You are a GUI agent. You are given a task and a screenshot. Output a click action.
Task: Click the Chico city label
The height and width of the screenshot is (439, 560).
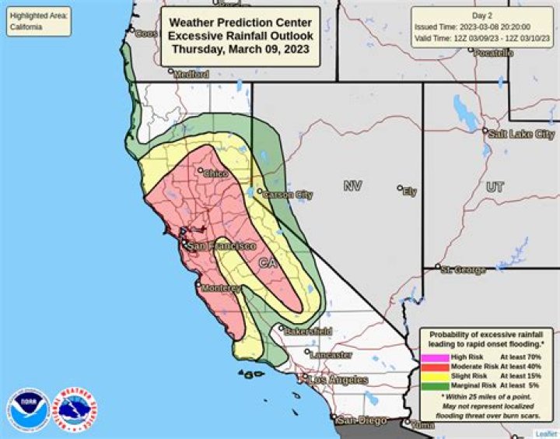coord(215,174)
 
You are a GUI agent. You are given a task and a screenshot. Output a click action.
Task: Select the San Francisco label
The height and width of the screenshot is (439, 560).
coord(222,246)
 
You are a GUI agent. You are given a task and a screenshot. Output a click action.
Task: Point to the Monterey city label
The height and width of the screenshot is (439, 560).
coord(221,288)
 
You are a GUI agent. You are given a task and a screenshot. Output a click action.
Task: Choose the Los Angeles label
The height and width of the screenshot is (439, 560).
coord(338,380)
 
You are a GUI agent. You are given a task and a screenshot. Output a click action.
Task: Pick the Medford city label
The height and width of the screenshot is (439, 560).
coord(191,75)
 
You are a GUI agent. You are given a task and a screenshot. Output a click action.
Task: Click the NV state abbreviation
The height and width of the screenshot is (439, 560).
coord(353,186)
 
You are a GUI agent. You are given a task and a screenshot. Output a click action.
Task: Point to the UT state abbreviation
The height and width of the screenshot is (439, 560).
coord(495,188)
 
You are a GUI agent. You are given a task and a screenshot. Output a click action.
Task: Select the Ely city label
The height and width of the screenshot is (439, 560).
coord(409,191)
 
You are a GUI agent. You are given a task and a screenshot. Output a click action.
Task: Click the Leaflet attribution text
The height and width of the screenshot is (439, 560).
coord(545,434)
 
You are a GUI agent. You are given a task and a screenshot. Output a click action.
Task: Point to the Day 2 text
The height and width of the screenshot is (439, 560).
coord(483,16)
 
